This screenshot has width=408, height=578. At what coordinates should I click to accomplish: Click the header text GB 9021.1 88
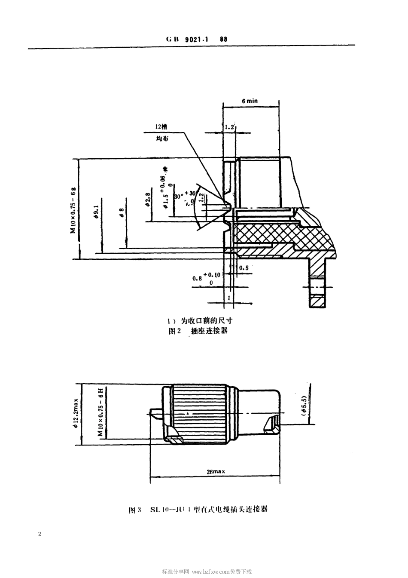[x=196, y=39]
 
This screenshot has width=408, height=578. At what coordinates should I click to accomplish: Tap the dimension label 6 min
[x=250, y=101]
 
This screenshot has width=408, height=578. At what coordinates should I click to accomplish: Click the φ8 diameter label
[x=122, y=212]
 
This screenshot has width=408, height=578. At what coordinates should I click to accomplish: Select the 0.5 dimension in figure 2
[x=244, y=267]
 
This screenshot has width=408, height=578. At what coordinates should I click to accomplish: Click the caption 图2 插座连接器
[x=198, y=331]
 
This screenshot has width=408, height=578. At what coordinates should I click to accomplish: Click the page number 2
[x=40, y=534]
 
